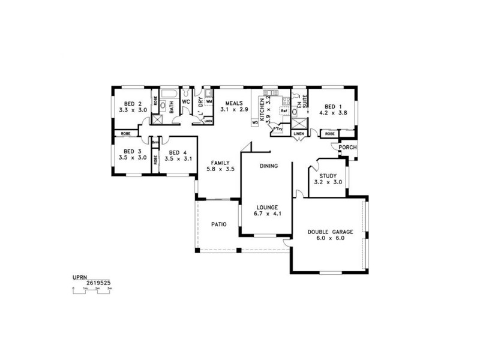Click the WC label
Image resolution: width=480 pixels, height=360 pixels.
(186, 102)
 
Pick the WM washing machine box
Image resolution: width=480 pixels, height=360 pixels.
(209, 102)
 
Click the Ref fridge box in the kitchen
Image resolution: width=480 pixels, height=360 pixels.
(284, 111)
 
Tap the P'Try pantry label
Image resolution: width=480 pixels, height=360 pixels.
(278, 129)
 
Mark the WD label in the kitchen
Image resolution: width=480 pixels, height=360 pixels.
(255, 122)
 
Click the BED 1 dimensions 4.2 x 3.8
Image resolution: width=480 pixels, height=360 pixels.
(333, 112)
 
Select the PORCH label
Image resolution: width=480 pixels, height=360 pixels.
(348, 147)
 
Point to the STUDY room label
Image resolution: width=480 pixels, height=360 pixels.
(328, 175)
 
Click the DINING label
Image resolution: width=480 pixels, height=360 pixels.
(268, 166)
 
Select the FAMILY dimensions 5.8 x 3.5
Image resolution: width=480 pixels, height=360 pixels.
(220, 170)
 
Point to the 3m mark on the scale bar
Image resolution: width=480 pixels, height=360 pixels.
(109, 289)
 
